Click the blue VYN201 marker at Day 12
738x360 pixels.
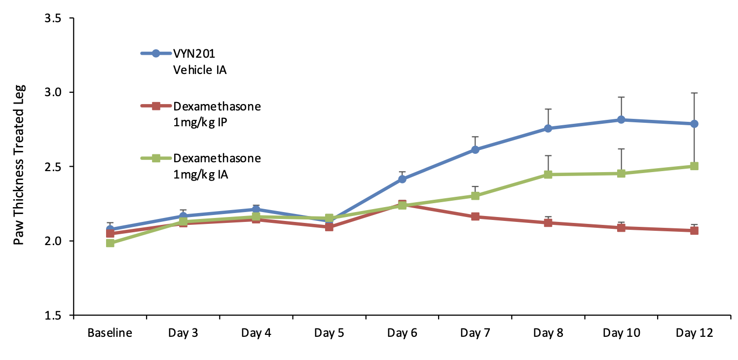point(694,124)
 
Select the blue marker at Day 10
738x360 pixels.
point(621,120)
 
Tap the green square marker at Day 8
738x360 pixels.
point(548,175)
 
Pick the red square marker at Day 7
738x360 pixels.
point(475,216)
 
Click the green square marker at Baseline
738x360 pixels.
point(110,243)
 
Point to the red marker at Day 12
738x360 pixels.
point(694,230)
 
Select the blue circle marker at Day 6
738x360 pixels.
point(402,179)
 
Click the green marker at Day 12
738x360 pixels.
point(694,166)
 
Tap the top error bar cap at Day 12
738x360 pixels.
point(694,93)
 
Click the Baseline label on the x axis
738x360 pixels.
point(110,333)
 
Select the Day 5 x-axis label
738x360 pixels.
point(329,333)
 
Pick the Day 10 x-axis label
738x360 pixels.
point(621,333)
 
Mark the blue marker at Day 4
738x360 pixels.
point(256,210)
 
